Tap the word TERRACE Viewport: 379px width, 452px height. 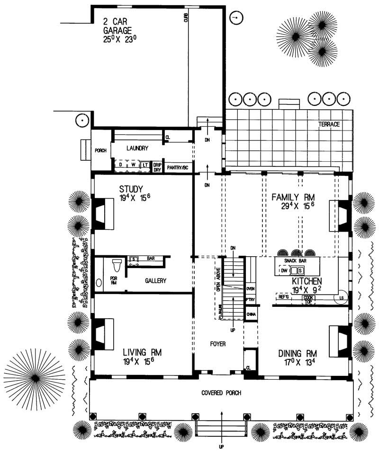329,124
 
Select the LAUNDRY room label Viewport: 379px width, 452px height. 138,148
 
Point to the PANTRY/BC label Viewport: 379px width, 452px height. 178,167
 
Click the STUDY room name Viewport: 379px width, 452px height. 131,189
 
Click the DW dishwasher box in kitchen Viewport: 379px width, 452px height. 283,271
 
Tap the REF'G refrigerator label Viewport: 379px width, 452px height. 284,297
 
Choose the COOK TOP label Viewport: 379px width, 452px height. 309,299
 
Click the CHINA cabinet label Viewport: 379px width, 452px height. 251,314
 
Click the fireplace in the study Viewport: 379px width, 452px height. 103,213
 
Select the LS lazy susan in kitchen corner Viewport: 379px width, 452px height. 343,297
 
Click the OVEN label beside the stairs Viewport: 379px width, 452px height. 251,288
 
